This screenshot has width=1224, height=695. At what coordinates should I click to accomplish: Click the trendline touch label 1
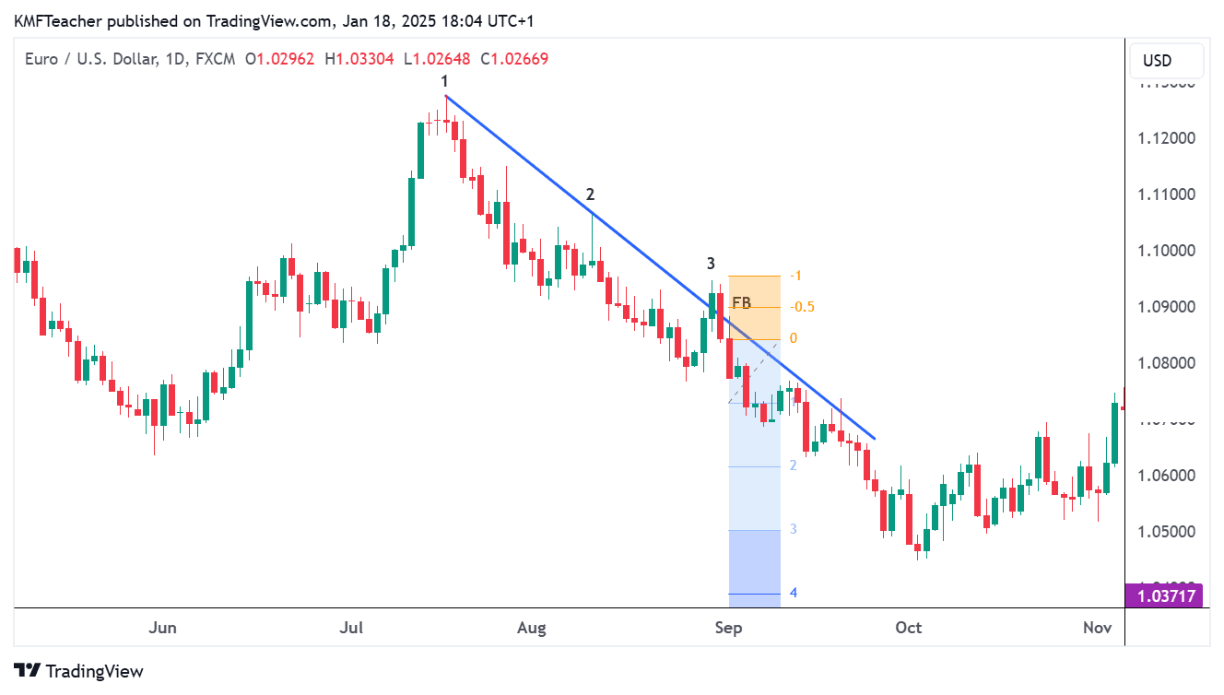[444, 82]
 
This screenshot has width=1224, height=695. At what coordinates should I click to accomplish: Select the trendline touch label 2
[590, 194]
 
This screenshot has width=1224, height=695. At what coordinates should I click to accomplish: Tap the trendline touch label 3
[712, 263]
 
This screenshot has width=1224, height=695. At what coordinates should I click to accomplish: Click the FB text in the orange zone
[741, 302]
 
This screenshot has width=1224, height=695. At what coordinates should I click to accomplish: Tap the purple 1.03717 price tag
[1165, 596]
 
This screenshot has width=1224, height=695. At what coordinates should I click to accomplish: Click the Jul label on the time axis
[351, 629]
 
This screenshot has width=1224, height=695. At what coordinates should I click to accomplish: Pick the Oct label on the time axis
[908, 629]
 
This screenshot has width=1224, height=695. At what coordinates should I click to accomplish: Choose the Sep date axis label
[728, 629]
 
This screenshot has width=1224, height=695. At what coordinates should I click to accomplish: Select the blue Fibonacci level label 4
[793, 593]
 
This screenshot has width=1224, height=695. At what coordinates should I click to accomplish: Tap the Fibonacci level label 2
[793, 465]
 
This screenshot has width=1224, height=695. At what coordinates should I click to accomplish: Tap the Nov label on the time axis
[1097, 629]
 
